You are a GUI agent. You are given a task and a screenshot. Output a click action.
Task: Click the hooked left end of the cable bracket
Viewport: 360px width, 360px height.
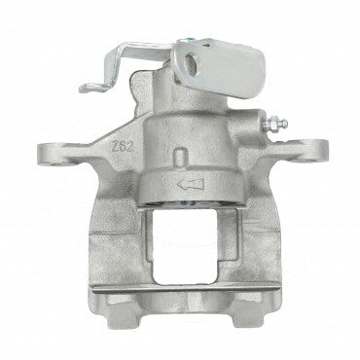click(89, 89)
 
